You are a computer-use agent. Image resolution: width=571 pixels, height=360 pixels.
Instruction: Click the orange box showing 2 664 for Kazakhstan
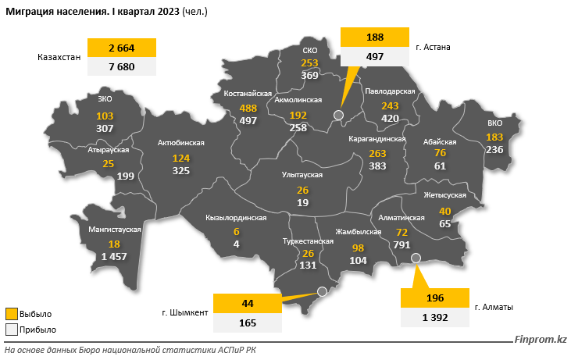pos(122,48)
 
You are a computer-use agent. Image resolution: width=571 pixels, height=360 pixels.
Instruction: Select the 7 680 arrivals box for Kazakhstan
pos(122,67)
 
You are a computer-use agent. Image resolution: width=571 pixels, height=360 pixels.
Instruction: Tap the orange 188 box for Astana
pos(375,37)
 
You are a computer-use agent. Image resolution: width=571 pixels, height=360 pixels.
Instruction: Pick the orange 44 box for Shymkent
pos(247,302)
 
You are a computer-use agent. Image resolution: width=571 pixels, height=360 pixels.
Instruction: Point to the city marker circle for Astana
pos(338,115)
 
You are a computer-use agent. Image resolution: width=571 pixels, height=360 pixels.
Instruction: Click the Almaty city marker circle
pos(416,258)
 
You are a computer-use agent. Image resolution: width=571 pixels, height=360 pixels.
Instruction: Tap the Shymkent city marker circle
pos(321,292)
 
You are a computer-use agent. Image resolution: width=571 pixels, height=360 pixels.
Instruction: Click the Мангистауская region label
pos(114,230)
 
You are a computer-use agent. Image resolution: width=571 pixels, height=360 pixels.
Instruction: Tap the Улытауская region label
pos(302,175)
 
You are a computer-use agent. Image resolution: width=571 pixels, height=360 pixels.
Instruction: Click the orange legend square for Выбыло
pos(10,314)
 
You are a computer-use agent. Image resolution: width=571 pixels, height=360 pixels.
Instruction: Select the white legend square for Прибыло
pos(10,330)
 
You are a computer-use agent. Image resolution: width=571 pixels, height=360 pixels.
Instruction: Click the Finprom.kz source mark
pos(540,339)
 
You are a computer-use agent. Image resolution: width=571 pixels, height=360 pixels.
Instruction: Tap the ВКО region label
pos(494,123)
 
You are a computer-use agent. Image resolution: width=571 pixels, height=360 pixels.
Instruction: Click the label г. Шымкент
pos(185,312)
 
